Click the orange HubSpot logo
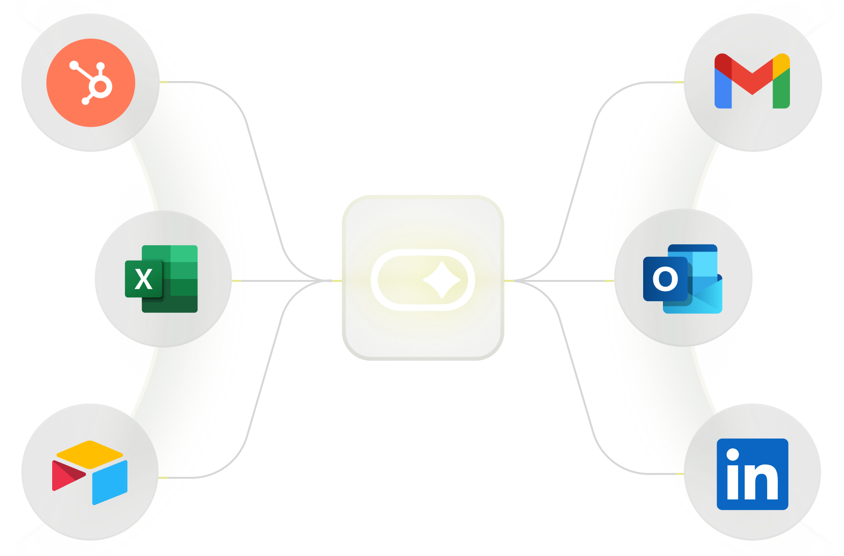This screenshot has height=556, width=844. (91, 83)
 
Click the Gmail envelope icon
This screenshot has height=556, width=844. (752, 81)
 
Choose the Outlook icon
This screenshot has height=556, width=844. (683, 278)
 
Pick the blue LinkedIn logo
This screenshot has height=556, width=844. (752, 474)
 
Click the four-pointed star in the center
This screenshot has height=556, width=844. (441, 280)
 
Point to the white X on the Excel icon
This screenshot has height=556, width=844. (143, 279)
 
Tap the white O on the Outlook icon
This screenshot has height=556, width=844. (665, 278)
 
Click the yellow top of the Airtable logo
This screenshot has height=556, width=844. (90, 451)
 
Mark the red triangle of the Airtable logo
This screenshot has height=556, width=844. (66, 475)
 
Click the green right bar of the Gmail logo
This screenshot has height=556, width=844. (781, 92)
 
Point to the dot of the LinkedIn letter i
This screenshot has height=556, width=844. (733, 454)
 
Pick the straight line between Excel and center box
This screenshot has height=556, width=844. (285, 280)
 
